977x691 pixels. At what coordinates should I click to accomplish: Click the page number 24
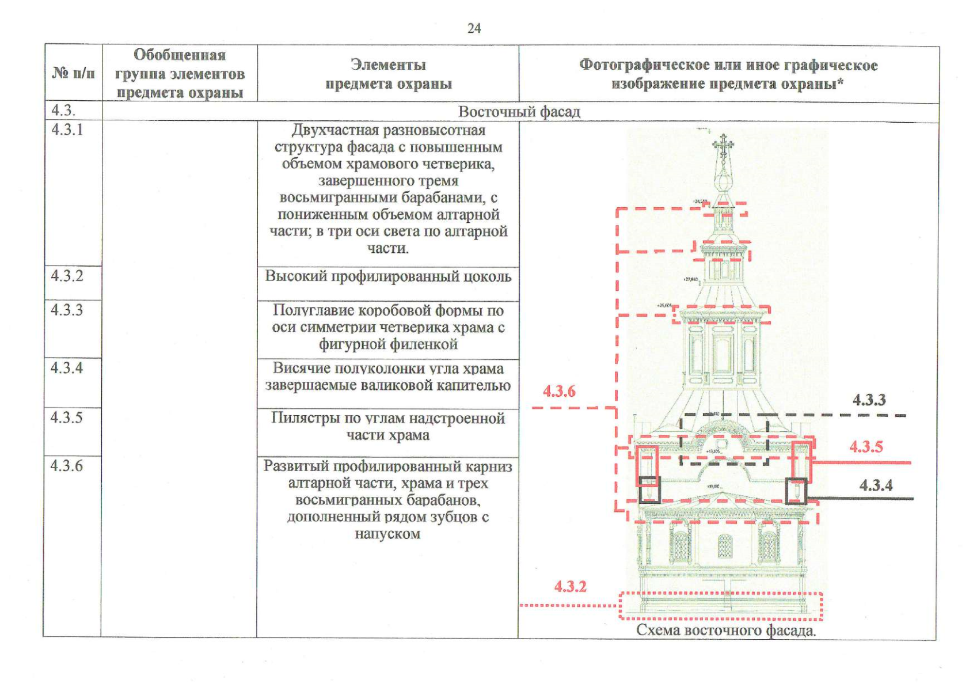474,28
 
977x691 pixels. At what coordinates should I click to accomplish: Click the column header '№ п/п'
74,73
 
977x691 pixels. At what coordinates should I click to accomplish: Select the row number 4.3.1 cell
67,130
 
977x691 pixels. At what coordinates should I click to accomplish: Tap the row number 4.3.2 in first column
67,276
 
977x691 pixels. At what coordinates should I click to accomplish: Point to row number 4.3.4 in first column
67,367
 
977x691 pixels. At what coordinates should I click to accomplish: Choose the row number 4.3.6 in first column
67,465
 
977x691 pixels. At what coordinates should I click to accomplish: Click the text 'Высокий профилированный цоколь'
388,276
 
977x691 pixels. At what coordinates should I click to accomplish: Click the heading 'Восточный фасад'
519,112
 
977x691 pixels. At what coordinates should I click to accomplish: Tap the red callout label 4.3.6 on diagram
559,392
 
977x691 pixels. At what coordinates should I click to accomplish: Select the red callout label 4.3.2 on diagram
570,586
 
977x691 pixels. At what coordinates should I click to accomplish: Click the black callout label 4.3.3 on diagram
869,400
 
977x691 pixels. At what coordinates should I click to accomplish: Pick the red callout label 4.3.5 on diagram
866,446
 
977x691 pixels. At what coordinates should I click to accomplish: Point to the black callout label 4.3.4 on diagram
876,485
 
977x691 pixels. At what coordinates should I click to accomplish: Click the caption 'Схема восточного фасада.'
726,630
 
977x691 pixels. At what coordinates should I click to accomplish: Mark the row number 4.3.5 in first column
67,417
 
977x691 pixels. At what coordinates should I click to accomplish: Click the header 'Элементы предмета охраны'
389,74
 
